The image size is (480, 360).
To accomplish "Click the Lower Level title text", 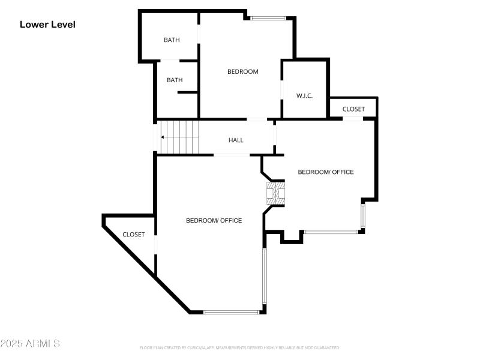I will coord(47,25).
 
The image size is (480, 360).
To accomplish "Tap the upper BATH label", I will coord(172,40).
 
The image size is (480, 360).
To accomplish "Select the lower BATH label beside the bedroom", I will coord(175,80).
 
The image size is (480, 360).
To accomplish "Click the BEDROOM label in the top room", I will coord(242,71).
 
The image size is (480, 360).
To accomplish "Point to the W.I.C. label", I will coord(304,96).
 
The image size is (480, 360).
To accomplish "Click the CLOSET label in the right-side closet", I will coord(353,109).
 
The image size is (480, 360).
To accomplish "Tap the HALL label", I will coord(236,140).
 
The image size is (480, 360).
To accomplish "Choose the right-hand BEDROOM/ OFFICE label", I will coord(326,172).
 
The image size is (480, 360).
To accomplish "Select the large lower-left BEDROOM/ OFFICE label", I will coord(214,221).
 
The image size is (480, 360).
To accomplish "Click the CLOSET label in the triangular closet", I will coord(133,235).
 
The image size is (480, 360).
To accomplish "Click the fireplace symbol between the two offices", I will coord(276,193).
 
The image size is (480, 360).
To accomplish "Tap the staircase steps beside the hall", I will coord(180,137).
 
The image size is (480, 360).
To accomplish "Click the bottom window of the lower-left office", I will coord(231,311).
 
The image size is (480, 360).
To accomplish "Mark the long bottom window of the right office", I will coord(331,232).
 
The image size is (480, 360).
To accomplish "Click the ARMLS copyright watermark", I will coord(30,344).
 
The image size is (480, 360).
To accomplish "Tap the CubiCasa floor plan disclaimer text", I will coord(240,347).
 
